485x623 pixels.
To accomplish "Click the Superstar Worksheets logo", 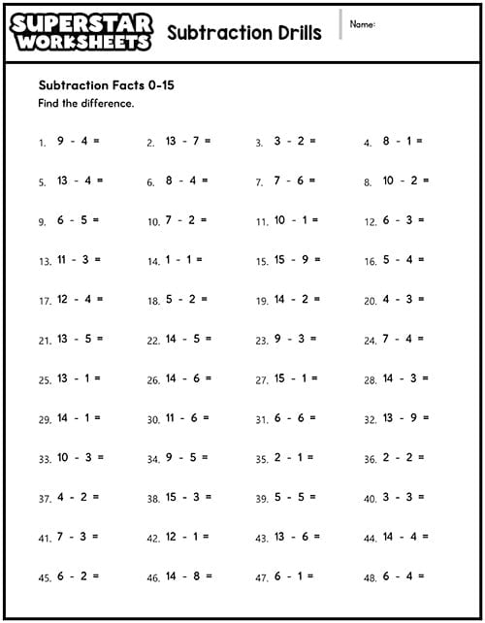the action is (81, 31).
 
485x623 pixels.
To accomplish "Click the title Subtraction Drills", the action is (243, 33).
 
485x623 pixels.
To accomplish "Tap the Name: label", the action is (363, 24).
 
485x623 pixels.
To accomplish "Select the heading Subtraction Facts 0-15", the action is (106, 84).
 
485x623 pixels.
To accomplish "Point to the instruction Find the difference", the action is (86, 103).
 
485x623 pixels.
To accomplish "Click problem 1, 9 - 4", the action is (78, 141).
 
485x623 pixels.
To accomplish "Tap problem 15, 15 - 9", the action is (297, 260).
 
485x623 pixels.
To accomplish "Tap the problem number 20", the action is (370, 301).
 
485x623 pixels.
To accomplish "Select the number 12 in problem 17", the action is (63, 300).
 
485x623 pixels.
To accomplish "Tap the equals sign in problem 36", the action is (420, 458).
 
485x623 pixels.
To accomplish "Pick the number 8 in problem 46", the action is (197, 576).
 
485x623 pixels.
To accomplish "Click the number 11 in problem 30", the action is (171, 418).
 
